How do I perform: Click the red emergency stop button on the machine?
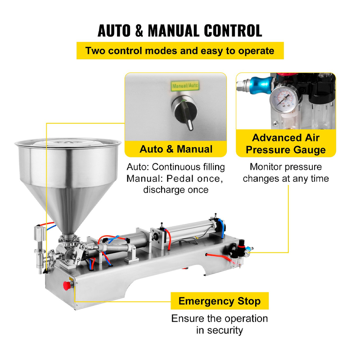[x=67, y=286]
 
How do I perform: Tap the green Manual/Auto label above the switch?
[x=185, y=86]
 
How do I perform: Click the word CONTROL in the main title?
[x=233, y=31]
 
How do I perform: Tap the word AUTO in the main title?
[x=114, y=31]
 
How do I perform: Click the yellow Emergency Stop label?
[x=220, y=301]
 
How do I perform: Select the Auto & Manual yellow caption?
[x=176, y=149]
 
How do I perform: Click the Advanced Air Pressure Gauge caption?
[x=286, y=144]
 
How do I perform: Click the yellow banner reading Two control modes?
[x=180, y=50]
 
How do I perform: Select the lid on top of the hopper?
[x=68, y=142]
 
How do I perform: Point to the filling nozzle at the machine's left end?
[x=40, y=250]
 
